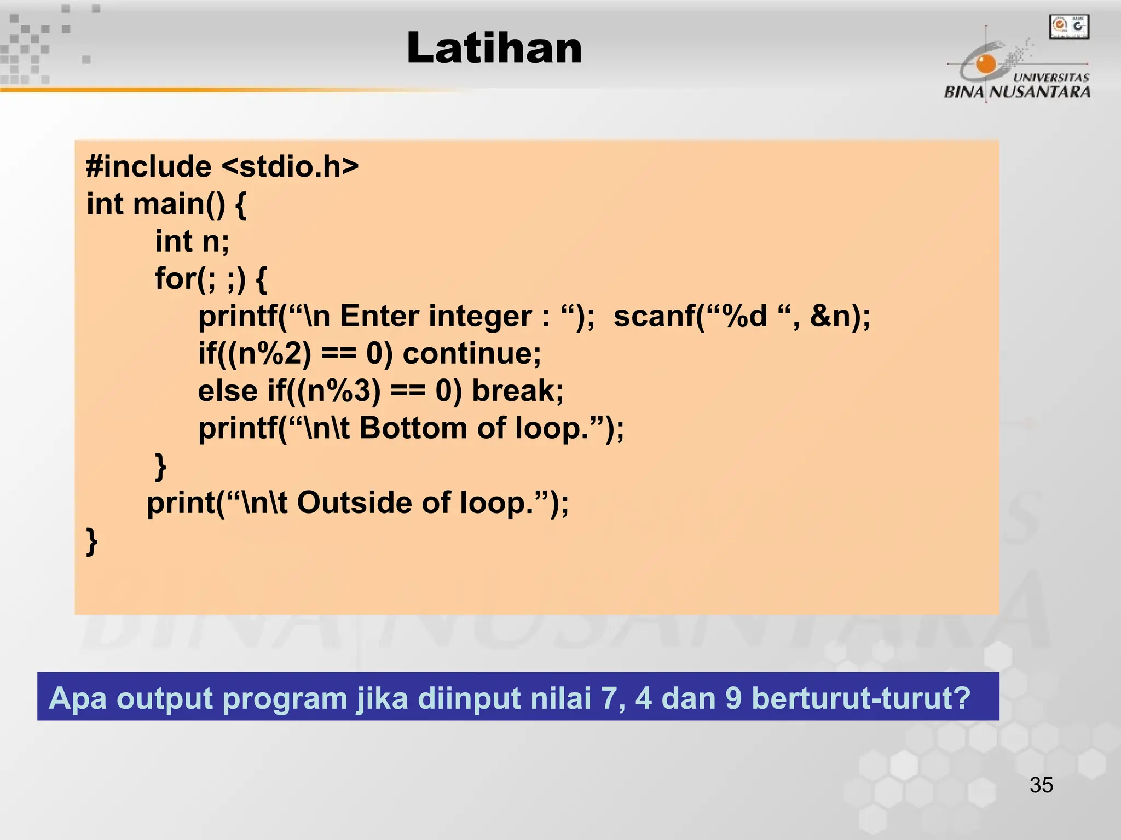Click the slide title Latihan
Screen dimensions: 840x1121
click(494, 48)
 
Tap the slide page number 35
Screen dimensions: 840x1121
click(1041, 785)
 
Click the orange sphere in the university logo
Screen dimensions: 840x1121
click(986, 64)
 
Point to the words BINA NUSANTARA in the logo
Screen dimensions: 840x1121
click(1017, 91)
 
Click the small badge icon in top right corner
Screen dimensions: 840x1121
click(1069, 27)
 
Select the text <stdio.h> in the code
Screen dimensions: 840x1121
click(290, 166)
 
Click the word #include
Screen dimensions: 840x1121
click(148, 166)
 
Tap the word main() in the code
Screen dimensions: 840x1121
click(178, 204)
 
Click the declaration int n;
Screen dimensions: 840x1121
click(192, 241)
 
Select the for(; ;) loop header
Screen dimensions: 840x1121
click(211, 278)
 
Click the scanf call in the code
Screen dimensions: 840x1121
click(742, 316)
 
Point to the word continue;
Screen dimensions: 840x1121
click(472, 353)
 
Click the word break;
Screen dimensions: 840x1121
click(518, 390)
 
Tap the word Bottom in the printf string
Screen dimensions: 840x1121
click(413, 428)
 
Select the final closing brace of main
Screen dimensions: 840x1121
click(92, 541)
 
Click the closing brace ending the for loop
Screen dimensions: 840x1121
click(160, 466)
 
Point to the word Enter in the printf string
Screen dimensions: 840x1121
click(379, 316)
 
